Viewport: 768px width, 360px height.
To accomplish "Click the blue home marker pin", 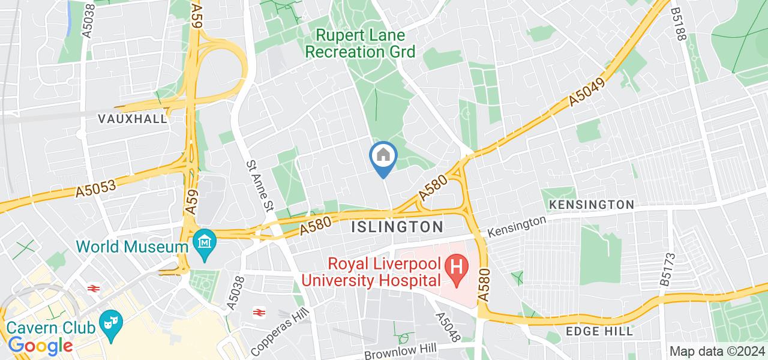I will [383, 158].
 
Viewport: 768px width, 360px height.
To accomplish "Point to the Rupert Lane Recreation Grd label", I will [360, 44].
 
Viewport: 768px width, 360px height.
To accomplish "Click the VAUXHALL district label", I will [132, 119].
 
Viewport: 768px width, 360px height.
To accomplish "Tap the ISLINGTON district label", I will [397, 227].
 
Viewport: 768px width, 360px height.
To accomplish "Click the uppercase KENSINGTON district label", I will [591, 205].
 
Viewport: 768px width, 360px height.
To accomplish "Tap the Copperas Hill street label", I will [274, 330].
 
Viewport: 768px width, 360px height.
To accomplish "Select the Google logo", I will [40, 346].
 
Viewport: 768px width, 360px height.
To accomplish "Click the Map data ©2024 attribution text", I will [717, 352].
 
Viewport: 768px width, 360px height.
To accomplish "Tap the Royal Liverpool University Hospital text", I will [371, 272].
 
